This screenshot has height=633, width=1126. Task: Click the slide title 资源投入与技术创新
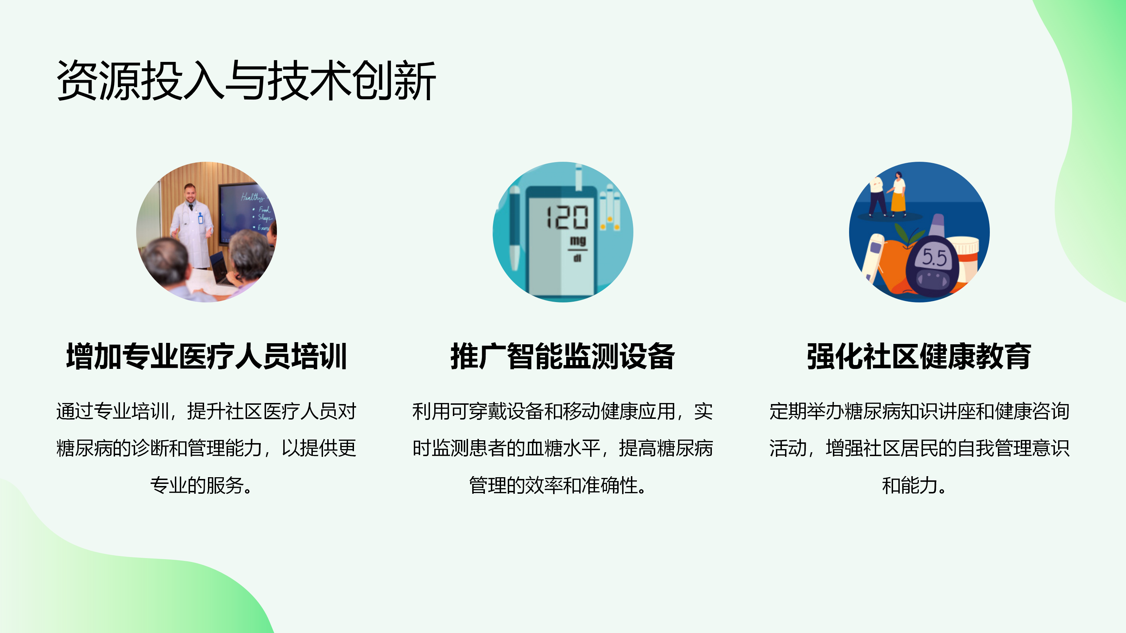point(246,81)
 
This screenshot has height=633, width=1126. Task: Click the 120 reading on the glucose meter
point(567,217)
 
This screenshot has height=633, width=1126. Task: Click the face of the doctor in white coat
point(190,193)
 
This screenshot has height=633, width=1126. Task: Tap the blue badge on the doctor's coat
point(201,218)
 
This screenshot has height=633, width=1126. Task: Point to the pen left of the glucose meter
point(514,227)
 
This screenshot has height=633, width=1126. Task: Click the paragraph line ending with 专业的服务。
point(202,485)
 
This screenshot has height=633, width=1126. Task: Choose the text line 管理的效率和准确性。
point(558,485)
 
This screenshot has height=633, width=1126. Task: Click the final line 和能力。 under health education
point(915,485)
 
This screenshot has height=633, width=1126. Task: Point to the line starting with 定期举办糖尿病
point(919,411)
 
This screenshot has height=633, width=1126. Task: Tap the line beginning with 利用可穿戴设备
point(563,411)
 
